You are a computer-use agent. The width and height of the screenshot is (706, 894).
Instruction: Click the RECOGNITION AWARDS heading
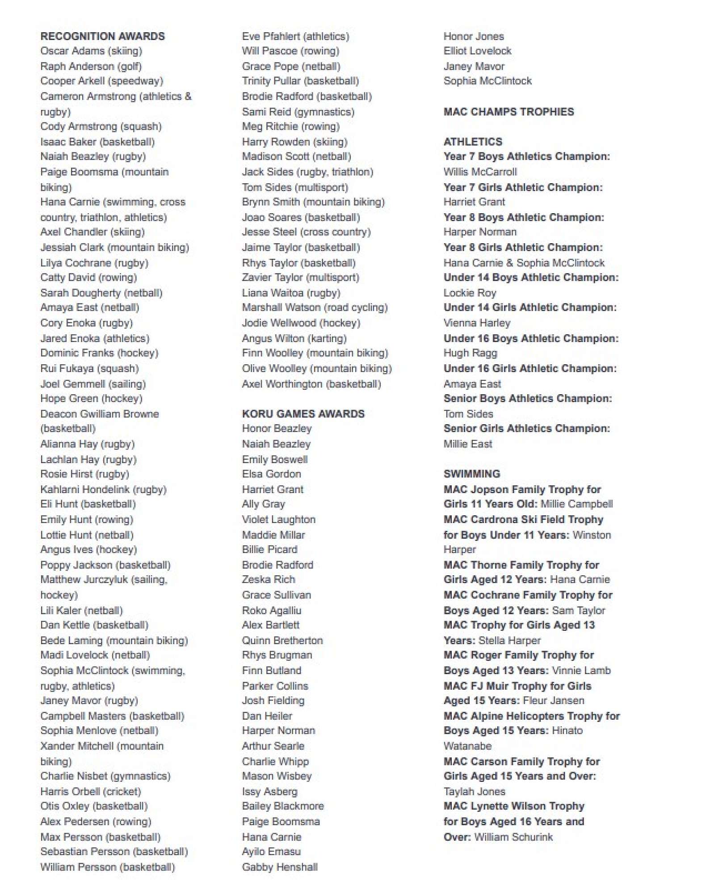pyautogui.click(x=102, y=36)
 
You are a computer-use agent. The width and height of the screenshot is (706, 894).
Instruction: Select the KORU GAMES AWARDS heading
pyautogui.click(x=303, y=414)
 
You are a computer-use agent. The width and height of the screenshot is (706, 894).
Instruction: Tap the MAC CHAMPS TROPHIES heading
pyautogui.click(x=508, y=112)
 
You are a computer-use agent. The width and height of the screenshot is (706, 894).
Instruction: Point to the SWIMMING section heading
pyautogui.click(x=471, y=474)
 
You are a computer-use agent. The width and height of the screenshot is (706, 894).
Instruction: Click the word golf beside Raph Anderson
pyautogui.click(x=130, y=67)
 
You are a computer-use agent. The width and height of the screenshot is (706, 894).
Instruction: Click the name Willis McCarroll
pyautogui.click(x=480, y=172)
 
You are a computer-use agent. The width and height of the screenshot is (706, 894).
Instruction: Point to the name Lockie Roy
pyautogui.click(x=470, y=293)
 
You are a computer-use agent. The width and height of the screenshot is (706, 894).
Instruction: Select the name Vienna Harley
pyautogui.click(x=477, y=323)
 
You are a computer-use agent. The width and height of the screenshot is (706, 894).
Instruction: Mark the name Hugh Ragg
pyautogui.click(x=470, y=353)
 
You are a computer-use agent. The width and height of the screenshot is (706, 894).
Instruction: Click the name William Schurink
pyautogui.click(x=513, y=837)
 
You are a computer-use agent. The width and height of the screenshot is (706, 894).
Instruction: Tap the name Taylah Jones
pyautogui.click(x=474, y=792)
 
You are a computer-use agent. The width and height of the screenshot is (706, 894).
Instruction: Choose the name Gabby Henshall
pyautogui.click(x=280, y=867)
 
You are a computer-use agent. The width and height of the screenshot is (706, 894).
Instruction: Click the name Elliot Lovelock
pyautogui.click(x=477, y=51)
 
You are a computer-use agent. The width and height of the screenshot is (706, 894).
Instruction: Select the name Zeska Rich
pyautogui.click(x=269, y=579)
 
